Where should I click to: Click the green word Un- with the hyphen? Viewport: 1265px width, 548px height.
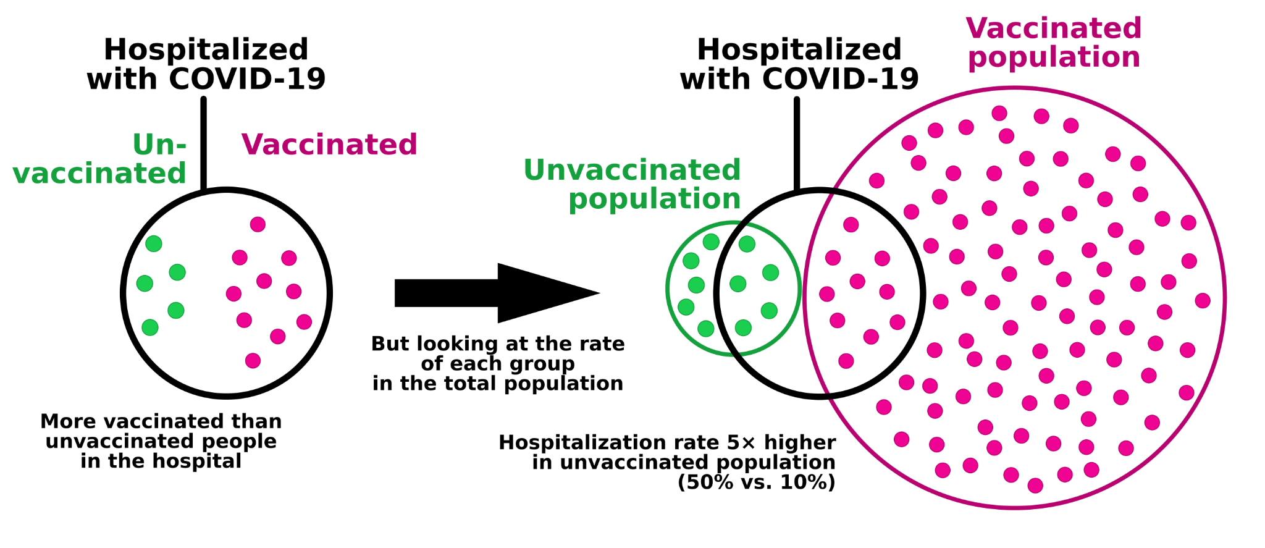pos(159,145)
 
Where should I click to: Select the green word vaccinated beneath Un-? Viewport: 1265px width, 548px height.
pos(99,174)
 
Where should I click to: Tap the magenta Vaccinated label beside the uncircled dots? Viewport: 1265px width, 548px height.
pos(329,145)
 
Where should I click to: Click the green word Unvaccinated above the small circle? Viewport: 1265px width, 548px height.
pos(632,171)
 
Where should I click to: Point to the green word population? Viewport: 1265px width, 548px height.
pos(655,200)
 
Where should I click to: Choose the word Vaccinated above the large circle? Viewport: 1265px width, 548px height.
pos(1054,28)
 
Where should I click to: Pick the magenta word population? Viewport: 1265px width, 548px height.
pos(1054,57)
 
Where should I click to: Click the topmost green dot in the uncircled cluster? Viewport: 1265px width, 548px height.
pos(154,244)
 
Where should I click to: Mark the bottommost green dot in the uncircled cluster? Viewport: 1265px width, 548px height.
pos(150,327)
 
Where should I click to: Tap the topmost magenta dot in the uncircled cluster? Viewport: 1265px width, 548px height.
pos(258,224)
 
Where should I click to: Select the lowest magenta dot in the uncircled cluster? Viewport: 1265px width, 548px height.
pos(253,361)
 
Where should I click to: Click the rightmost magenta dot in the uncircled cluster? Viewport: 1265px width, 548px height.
pos(304,322)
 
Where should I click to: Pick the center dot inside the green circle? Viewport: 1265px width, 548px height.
pos(738,284)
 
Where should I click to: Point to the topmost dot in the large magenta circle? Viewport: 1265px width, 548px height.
pos(999,113)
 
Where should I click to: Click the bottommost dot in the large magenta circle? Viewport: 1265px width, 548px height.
pos(1035,486)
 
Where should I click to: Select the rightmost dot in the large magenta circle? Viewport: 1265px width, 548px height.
pos(1203,301)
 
